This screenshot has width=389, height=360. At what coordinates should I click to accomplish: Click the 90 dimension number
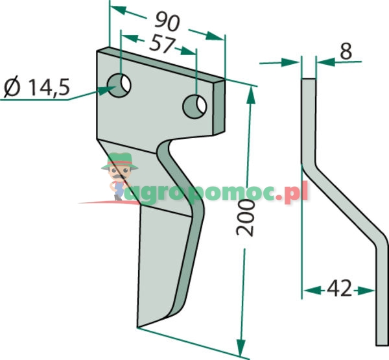167,22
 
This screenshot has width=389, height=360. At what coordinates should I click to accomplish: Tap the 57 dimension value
162,45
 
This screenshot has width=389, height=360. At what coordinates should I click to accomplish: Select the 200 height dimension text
245,218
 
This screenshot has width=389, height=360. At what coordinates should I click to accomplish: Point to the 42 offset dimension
339,288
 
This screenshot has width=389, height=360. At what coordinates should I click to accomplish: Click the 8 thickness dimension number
346,51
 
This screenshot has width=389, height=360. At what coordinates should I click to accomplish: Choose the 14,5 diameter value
49,88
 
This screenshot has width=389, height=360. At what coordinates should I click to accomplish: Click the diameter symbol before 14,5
12,87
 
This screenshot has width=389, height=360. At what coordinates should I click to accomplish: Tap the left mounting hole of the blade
119,86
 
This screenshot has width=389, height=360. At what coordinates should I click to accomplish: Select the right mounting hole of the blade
194,106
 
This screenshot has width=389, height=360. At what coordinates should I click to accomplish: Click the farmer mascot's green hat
119,161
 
